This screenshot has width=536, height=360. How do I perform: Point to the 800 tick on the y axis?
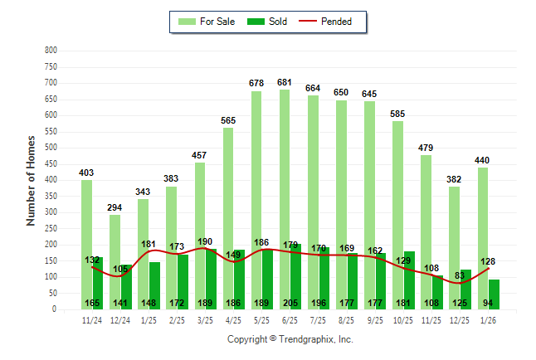(51, 51)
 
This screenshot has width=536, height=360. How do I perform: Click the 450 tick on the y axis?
(51, 164)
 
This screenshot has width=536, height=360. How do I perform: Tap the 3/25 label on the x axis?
(205, 319)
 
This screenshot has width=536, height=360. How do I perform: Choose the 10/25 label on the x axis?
(403, 319)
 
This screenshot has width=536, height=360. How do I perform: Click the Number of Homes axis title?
(32, 180)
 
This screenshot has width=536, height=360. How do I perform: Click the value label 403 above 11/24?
(86, 173)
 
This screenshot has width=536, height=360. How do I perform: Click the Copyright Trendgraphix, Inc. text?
(290, 339)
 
